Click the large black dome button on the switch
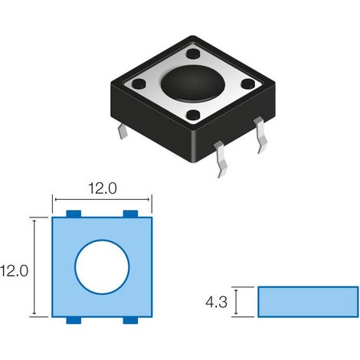point(193,83)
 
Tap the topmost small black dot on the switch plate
point(193,54)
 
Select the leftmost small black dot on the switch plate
point(139,83)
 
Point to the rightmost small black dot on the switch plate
point(248,83)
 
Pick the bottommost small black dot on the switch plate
point(193,115)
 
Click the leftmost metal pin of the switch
point(123,131)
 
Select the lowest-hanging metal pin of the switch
point(221,159)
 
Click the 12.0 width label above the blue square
point(103,188)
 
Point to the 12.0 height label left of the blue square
point(14,271)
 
